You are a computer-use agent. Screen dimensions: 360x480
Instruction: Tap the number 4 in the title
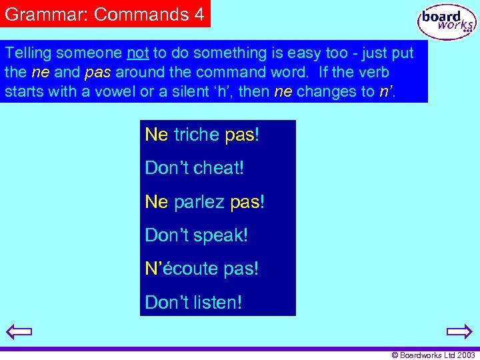[x=199, y=14]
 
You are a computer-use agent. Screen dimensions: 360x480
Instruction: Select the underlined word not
[x=138, y=53]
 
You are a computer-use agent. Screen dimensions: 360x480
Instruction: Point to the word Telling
[x=29, y=53]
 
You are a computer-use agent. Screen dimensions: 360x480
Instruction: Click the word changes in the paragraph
[x=335, y=91]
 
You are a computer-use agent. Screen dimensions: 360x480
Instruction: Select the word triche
[x=197, y=135]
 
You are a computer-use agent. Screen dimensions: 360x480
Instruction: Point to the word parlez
[x=199, y=202]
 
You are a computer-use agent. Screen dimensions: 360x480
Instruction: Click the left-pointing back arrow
[x=19, y=332]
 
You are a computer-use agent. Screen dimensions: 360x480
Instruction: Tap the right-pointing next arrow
[x=459, y=332]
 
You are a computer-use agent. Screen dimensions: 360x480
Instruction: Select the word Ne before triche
[x=157, y=135]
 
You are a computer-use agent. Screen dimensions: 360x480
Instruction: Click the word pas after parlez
[x=246, y=202]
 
